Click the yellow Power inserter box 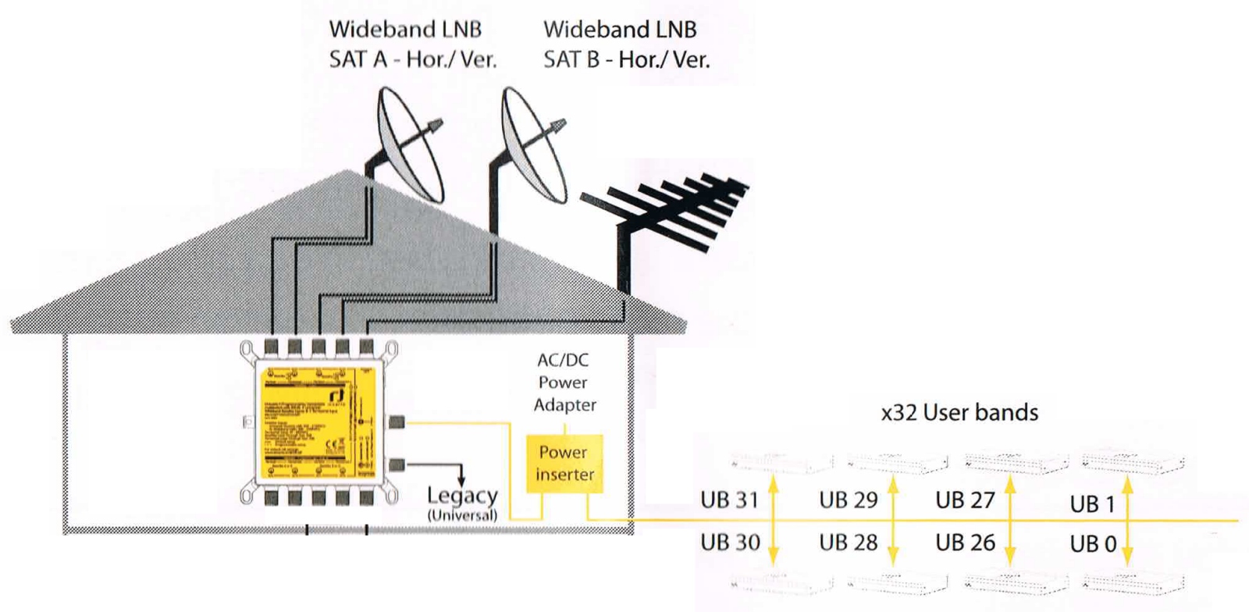coord(564,463)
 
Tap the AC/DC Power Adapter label coord(564,382)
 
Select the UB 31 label coord(729,500)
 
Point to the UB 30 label coord(730,542)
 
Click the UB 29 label coord(848,500)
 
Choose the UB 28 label coord(848,542)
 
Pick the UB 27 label coord(965,500)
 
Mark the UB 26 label coord(965,542)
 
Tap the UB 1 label coord(1092,504)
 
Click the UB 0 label coord(1092,543)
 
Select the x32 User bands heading coord(959,412)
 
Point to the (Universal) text coord(462,515)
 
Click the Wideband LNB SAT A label coord(412,44)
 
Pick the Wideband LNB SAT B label coord(626,44)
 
